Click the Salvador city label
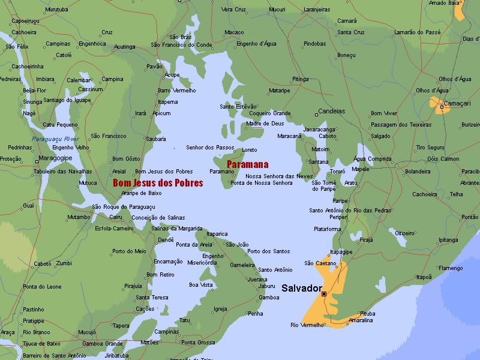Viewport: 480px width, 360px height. click(305, 288)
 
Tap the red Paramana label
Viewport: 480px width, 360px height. click(247, 164)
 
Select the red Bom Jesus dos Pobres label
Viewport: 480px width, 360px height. click(158, 183)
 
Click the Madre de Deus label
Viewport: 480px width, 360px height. click(265, 124)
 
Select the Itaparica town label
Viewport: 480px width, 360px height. click(217, 233)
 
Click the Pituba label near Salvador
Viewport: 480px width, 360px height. click(368, 313)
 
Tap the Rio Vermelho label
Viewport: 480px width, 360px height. click(307, 325)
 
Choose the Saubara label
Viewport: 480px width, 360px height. click(155, 139)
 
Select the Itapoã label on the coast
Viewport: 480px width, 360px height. click(424, 277)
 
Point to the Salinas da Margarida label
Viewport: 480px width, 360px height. click(176, 228)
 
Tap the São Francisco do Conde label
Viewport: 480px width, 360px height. click(181, 44)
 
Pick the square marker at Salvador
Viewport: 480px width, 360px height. click(324, 294)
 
